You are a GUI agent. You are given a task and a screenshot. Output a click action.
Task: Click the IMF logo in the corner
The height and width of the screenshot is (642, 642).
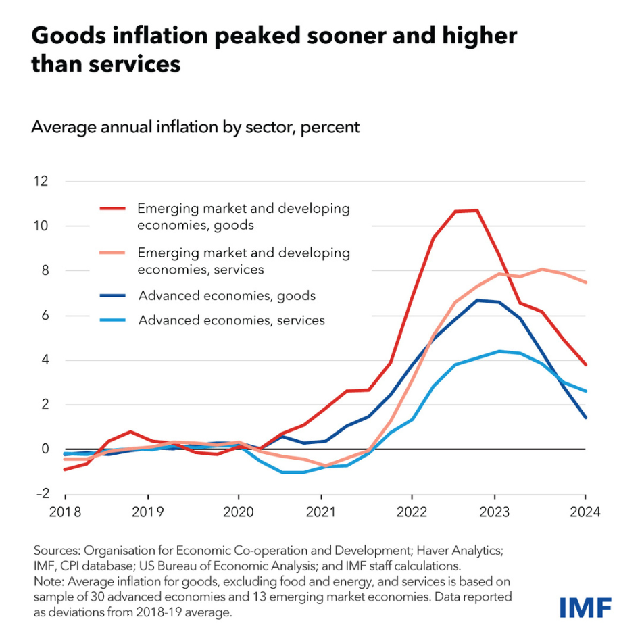585,607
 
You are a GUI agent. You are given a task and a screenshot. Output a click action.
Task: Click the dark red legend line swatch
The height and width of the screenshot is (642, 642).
113,208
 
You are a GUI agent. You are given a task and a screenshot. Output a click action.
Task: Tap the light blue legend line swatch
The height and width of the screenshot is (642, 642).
113,320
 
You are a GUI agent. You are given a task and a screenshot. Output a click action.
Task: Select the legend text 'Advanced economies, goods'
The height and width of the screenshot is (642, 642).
227,295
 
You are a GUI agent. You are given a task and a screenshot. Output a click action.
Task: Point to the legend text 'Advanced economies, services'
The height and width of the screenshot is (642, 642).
232,320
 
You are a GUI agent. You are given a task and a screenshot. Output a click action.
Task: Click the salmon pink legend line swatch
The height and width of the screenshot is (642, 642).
113,253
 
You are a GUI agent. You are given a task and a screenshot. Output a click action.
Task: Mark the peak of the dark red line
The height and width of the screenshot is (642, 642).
477,210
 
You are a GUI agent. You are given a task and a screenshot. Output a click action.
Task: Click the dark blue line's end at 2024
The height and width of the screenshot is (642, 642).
585,418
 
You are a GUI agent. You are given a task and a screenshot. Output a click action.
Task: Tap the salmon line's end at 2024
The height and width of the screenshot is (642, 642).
585,282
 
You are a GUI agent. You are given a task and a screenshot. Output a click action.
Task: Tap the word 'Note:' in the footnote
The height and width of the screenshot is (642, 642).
47,581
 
